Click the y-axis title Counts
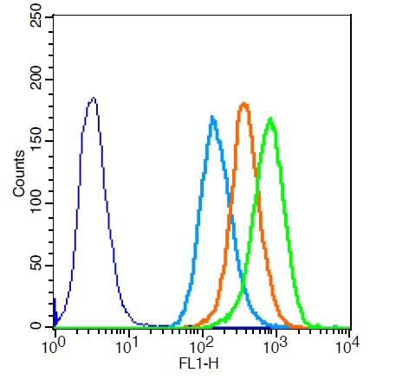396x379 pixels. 19,172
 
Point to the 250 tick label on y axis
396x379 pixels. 36,18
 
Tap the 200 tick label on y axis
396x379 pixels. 36,80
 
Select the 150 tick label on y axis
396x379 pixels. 36,141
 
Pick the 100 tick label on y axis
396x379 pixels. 36,203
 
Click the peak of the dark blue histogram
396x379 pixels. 93,99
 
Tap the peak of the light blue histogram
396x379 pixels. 212,117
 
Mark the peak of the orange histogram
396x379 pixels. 244,104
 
